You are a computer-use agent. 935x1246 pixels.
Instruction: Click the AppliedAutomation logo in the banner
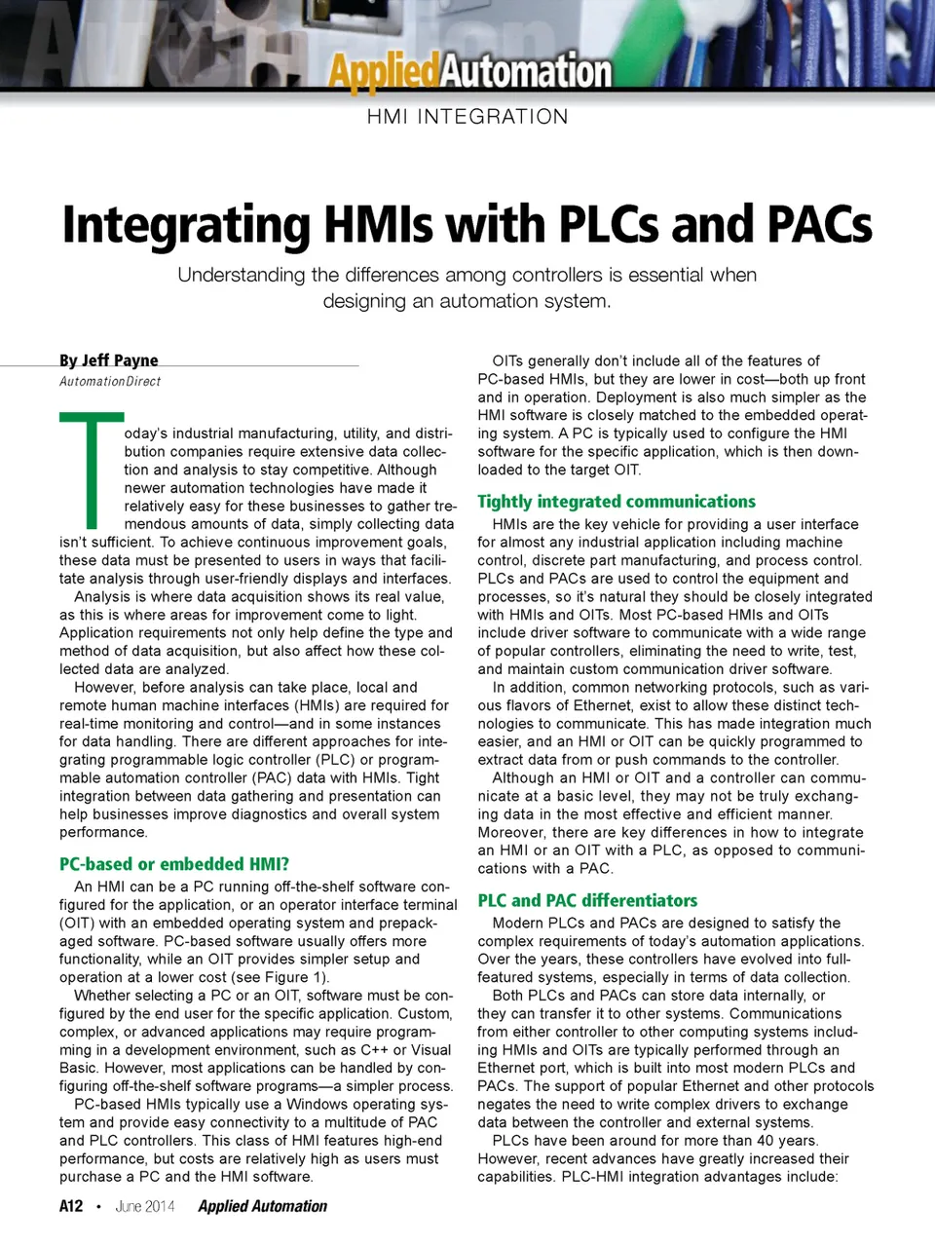[469, 71]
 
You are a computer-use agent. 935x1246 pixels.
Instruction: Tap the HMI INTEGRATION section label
[467, 117]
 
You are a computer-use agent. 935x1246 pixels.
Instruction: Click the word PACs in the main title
[819, 224]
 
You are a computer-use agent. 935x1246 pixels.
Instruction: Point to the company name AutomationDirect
[110, 382]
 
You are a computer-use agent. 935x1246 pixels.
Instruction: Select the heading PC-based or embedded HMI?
[174, 864]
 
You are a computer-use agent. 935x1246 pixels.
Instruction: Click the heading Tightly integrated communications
[617, 502]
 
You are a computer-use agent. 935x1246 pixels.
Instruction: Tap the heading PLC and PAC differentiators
[587, 900]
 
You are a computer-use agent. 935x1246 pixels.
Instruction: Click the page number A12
[71, 1206]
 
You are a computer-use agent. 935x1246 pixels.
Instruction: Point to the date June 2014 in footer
[145, 1206]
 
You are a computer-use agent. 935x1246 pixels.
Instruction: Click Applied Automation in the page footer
[263, 1206]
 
